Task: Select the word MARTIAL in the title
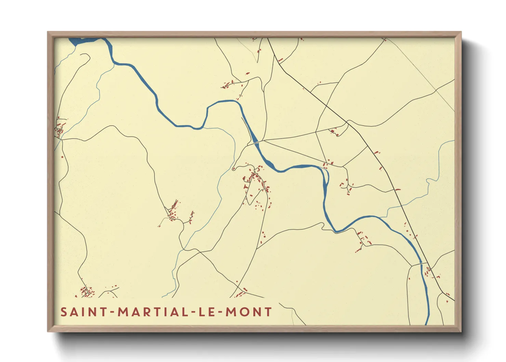151,312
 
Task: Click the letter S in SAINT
64,312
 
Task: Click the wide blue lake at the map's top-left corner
82,41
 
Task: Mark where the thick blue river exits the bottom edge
427,323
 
